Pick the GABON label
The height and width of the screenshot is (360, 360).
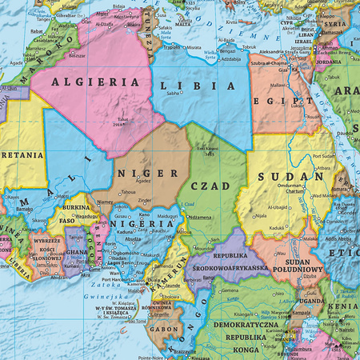click(x=164, y=329)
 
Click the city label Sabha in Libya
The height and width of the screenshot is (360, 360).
click(x=173, y=94)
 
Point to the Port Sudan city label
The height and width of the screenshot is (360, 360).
click(x=325, y=156)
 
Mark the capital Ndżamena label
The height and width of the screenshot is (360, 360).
click(x=201, y=217)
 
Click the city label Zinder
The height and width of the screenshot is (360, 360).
click(x=145, y=201)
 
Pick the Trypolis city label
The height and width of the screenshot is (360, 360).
click(x=170, y=47)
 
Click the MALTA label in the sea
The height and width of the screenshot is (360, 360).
click(x=183, y=24)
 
